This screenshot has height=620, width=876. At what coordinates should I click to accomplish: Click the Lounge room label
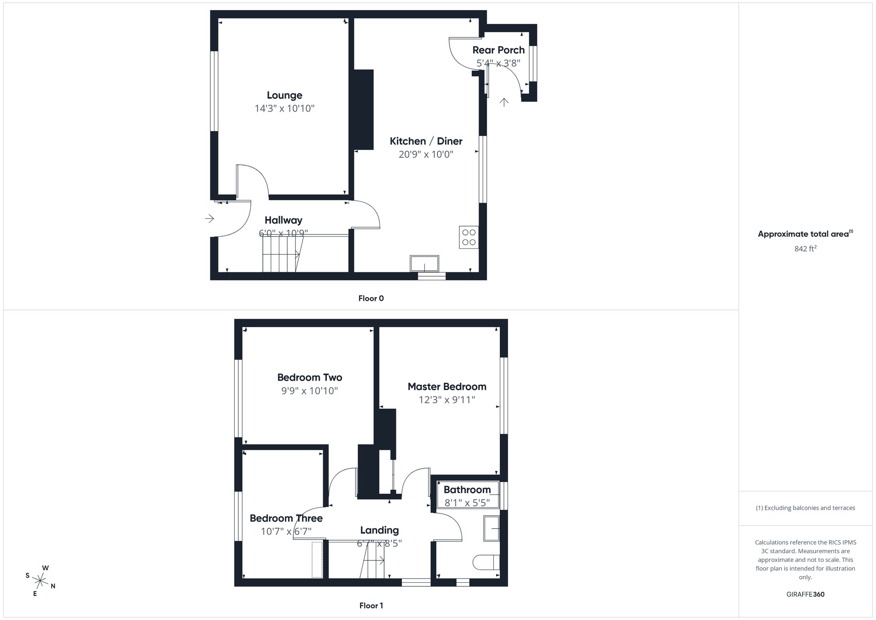tap(284, 95)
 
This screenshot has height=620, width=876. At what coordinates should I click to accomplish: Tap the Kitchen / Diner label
tap(426, 141)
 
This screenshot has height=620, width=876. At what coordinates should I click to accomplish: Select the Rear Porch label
tap(498, 50)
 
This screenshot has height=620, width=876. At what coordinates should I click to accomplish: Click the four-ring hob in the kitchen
tap(468, 238)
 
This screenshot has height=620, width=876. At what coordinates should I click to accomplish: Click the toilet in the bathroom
tap(486, 562)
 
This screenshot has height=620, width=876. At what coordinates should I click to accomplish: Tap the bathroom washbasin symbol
tap(491, 528)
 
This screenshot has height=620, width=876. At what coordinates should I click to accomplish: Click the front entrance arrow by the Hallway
tap(209, 218)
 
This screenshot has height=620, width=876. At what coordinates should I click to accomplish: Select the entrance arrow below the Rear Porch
tap(504, 102)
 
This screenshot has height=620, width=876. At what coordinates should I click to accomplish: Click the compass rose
tap(41, 580)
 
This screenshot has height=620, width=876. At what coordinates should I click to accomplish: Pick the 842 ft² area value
tap(805, 249)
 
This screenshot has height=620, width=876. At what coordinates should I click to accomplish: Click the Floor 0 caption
tap(371, 298)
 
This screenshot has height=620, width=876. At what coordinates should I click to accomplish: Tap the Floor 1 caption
tap(371, 606)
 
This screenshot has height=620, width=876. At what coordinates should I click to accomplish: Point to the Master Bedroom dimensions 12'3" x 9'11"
tap(446, 400)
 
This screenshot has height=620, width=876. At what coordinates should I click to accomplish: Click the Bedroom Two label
tap(309, 377)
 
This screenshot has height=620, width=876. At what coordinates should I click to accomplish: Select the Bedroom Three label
tap(286, 519)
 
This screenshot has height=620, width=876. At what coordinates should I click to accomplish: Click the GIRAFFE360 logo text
tap(805, 594)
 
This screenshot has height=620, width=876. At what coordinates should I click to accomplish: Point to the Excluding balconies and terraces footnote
tap(805, 508)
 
